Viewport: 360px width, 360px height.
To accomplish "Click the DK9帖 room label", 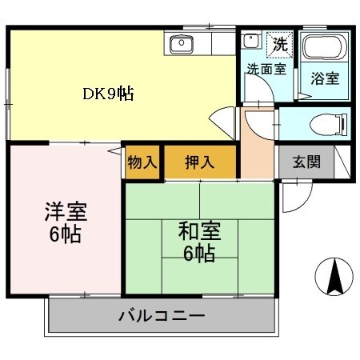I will (108, 94).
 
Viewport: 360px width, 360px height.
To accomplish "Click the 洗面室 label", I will (266, 70).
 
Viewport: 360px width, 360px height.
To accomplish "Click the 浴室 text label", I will (324, 79).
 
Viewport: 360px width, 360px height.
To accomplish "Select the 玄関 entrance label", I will (306, 162).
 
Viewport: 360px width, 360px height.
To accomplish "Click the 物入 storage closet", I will (142, 162).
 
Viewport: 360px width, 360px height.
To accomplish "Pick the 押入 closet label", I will (200, 162).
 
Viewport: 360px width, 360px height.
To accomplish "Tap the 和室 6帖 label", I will (199, 242).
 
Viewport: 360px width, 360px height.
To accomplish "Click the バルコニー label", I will (162, 314).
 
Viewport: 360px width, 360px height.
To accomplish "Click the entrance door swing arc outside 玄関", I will (291, 196).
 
